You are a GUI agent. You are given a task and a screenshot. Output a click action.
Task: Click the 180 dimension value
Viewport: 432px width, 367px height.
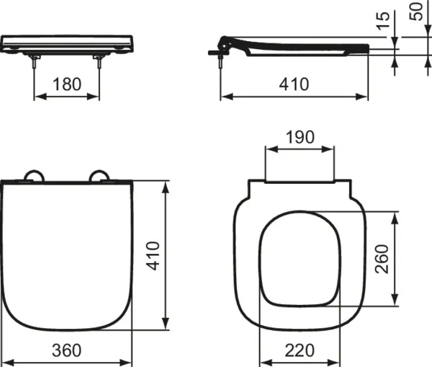(x=67, y=84)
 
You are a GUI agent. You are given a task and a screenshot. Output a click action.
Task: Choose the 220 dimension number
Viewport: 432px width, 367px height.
(x=300, y=350)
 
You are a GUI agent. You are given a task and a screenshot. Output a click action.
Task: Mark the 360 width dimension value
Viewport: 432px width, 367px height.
(x=67, y=350)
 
